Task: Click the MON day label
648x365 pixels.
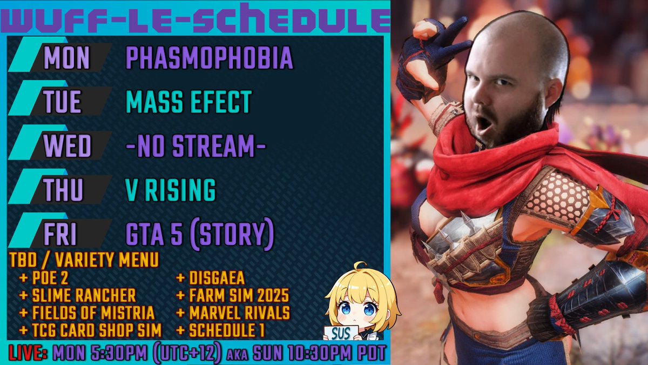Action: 66,58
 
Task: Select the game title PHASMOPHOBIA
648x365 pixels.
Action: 209,58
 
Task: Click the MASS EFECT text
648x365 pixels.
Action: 188,102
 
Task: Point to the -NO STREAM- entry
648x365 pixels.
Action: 195,145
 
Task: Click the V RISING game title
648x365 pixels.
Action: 170,190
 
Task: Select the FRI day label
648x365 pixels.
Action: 60,234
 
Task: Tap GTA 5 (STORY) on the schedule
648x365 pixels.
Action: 199,234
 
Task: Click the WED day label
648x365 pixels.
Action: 66,145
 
